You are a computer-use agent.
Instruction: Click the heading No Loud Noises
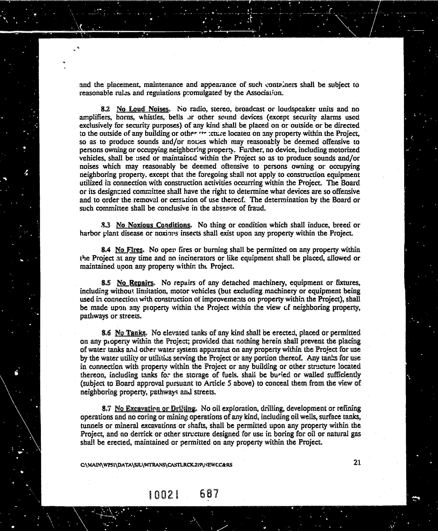[x=142, y=109]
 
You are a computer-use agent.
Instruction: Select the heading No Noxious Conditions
[x=153, y=225]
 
